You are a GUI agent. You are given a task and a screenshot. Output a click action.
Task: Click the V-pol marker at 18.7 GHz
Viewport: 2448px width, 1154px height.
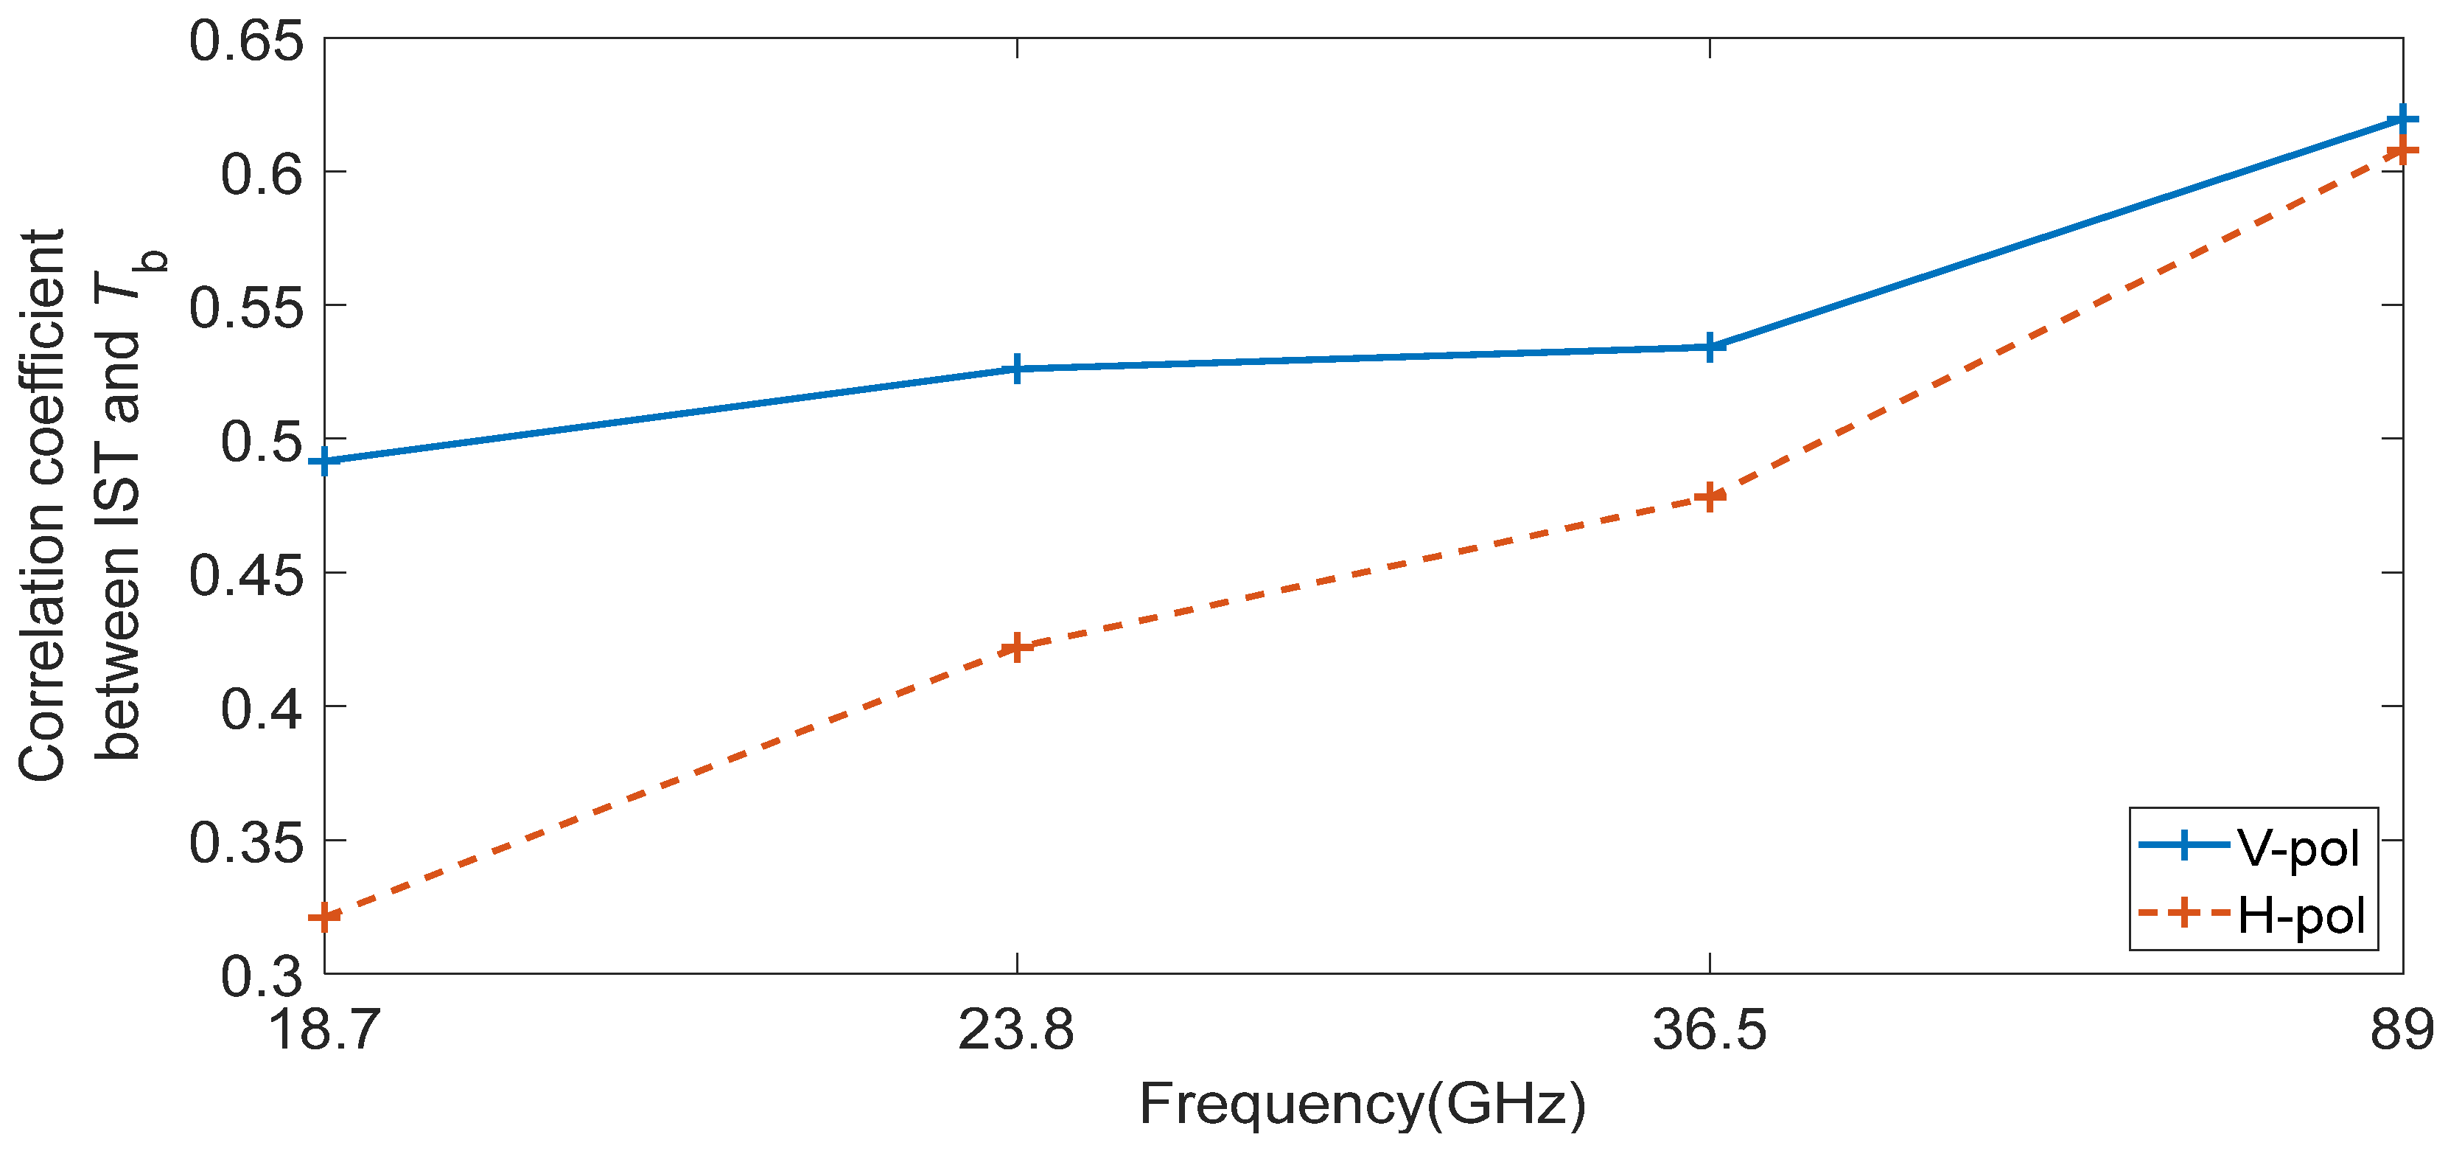325,462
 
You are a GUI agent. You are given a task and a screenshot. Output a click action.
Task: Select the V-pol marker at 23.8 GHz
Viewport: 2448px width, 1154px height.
1017,369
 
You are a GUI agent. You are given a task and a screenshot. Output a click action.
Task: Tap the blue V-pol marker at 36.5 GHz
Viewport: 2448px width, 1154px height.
1710,347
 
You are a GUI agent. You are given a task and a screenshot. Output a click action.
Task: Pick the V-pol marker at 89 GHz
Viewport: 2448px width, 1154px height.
2402,119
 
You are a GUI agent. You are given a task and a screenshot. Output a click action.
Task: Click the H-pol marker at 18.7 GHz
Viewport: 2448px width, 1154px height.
325,918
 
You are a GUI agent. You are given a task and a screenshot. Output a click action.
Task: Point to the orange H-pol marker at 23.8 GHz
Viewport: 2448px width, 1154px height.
1017,648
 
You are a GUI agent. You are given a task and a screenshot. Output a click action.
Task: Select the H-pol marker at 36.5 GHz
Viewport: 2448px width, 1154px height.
1710,497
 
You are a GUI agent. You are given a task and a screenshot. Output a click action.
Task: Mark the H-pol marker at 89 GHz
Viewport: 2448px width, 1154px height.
2402,151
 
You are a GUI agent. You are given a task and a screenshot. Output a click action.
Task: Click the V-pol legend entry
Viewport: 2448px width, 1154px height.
2298,846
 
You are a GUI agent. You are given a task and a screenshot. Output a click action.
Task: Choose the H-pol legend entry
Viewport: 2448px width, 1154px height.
2301,914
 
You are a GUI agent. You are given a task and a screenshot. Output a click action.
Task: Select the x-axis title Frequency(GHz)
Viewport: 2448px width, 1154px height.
1363,1105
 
